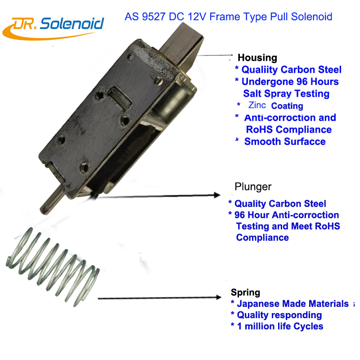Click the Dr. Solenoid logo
click(x=53, y=28)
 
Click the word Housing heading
click(x=257, y=58)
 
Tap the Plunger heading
click(x=253, y=187)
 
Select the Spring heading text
click(x=245, y=292)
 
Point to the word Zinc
click(x=257, y=105)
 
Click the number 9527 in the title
click(x=153, y=17)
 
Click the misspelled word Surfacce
click(x=305, y=141)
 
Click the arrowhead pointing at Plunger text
click(x=217, y=195)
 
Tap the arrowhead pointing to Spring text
click(x=218, y=297)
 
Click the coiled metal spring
click(x=53, y=266)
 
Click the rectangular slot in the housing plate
click(x=120, y=98)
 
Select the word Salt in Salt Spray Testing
click(x=252, y=94)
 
